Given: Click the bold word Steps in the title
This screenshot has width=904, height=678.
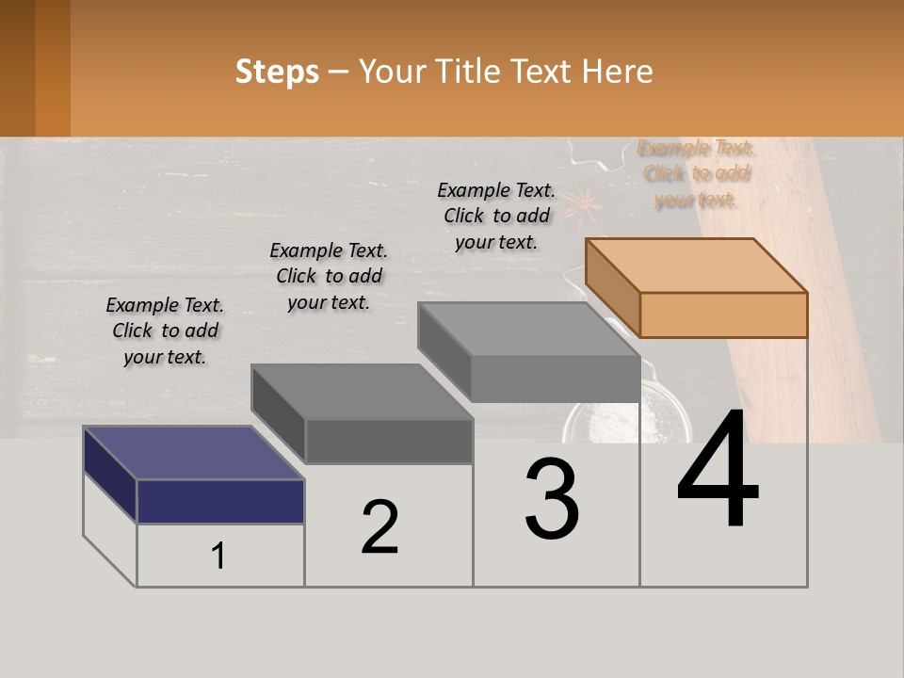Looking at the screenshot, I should (x=277, y=72).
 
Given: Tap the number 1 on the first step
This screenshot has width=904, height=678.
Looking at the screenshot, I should (x=218, y=557).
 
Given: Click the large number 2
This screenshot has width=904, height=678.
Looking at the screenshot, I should (x=379, y=527).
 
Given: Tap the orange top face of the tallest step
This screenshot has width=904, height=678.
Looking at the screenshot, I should (x=697, y=265).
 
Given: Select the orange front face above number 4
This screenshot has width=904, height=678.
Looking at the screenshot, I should (x=723, y=315).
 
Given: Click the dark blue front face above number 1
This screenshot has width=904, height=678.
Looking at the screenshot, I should (x=220, y=501).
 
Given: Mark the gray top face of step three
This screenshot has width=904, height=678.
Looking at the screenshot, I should (x=528, y=329).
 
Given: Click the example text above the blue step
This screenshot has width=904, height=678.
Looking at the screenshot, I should (x=165, y=331).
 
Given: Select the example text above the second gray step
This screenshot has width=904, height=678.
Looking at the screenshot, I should (x=329, y=276).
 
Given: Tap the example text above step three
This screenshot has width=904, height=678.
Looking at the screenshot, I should (x=496, y=216).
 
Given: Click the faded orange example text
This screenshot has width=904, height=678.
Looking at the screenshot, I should (x=696, y=173).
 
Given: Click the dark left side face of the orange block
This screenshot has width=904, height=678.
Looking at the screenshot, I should (x=612, y=287).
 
